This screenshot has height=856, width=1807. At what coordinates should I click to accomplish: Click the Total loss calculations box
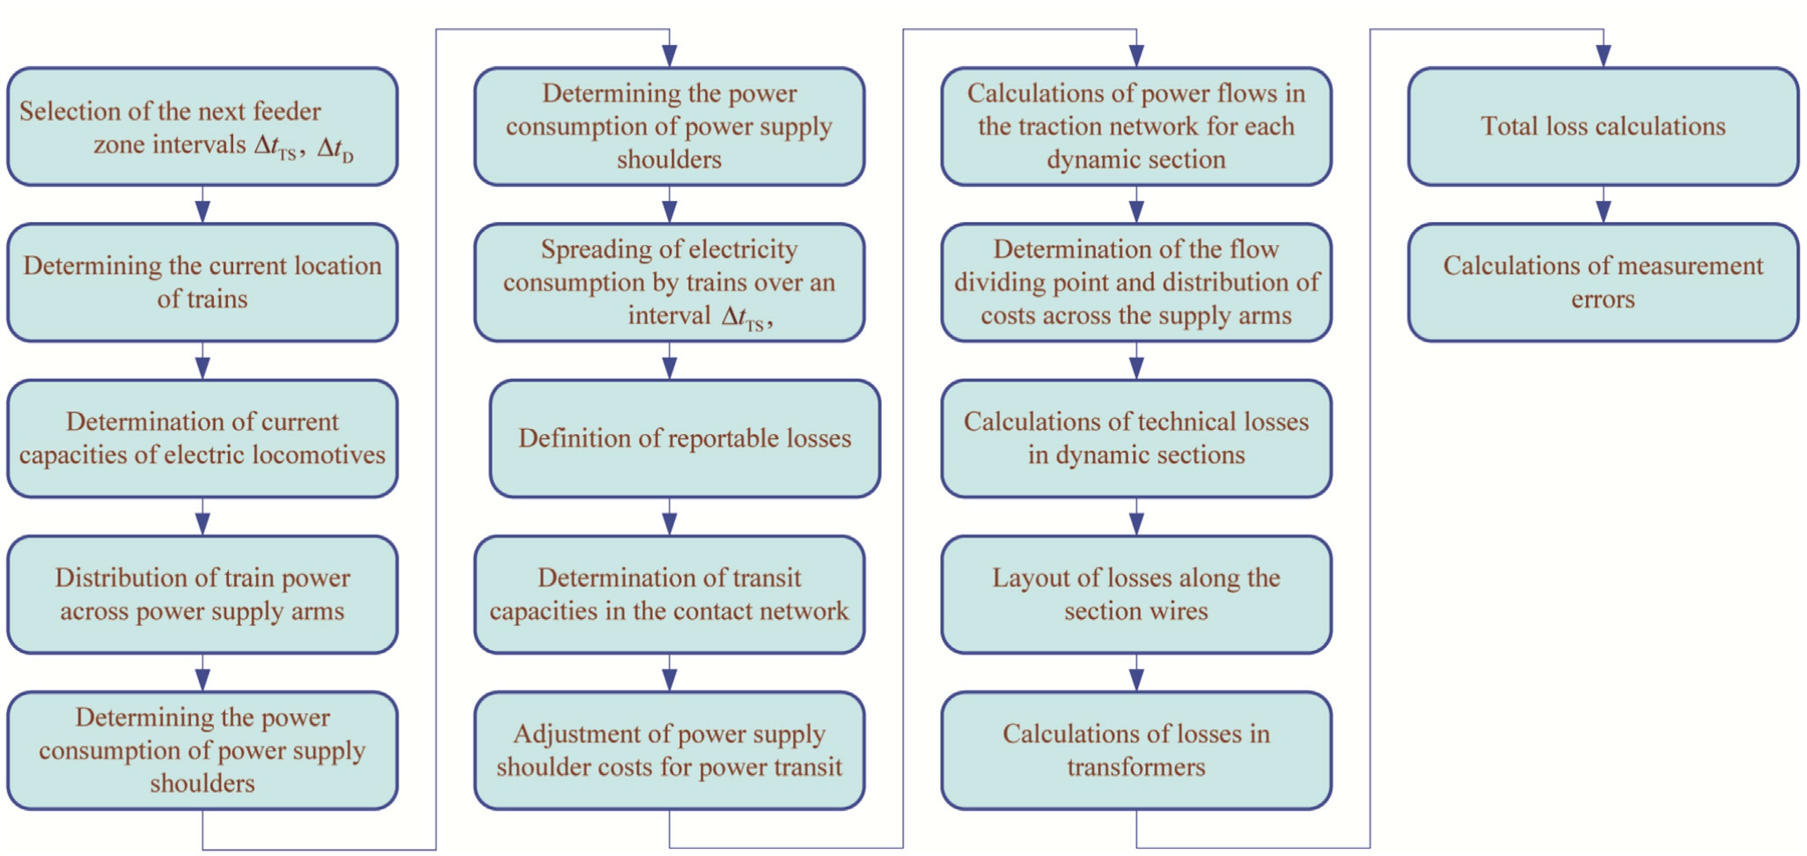[x=1602, y=126]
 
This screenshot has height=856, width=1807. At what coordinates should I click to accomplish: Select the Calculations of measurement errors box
[x=1602, y=282]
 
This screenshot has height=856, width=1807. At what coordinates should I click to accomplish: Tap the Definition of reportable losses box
[x=684, y=439]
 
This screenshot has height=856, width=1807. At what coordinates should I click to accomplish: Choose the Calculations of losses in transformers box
[x=1135, y=750]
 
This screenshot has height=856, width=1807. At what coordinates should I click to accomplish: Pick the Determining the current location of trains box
[x=202, y=282]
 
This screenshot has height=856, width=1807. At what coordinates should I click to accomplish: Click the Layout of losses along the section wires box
[x=1135, y=594]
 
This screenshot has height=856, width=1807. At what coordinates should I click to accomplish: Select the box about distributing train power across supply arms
[x=202, y=594]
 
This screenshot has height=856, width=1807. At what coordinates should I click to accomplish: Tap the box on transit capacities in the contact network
[x=669, y=594]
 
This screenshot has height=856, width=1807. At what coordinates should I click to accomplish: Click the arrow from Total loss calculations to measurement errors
[x=1603, y=205]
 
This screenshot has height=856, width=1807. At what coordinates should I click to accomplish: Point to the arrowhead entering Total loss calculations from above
[x=1603, y=55]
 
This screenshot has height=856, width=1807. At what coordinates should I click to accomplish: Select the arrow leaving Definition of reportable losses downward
[x=669, y=518]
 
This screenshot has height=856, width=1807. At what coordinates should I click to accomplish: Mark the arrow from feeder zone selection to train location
[x=202, y=205]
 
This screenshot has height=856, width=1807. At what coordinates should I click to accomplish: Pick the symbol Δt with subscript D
[x=335, y=147]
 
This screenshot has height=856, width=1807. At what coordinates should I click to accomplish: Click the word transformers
[x=1135, y=767]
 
